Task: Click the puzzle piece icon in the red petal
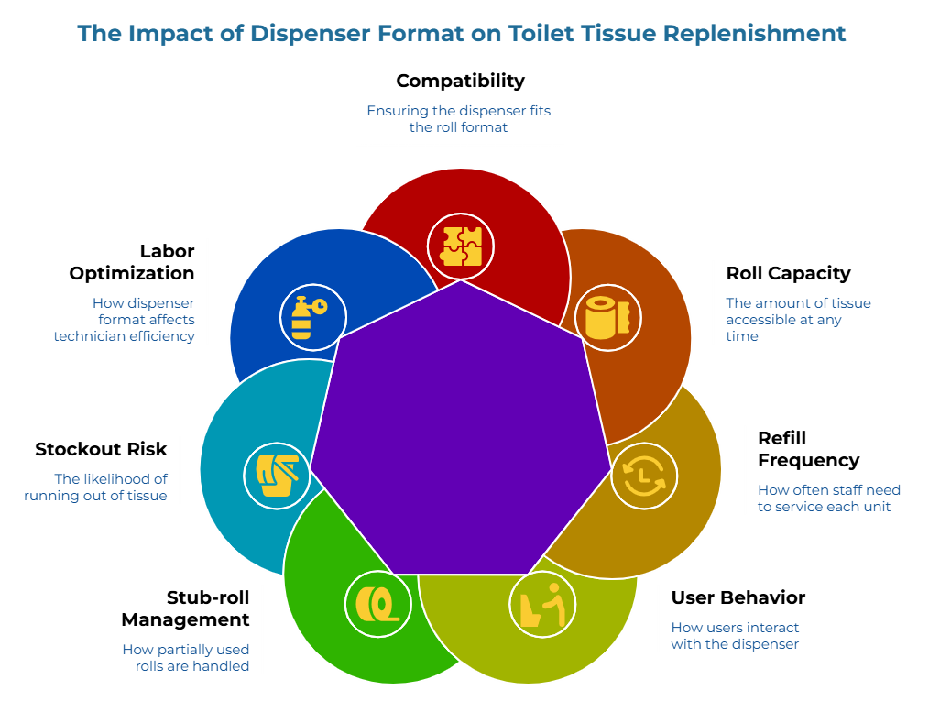pos(461,246)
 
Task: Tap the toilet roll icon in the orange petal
pos(608,318)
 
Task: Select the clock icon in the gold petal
pos(644,476)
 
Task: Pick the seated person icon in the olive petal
pos(542,605)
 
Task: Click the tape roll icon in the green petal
pos(377,605)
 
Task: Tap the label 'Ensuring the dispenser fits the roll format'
pos(458,119)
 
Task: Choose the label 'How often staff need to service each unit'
pos(828,498)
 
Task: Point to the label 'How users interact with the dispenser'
pos(735,636)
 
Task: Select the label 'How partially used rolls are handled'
pos(186,657)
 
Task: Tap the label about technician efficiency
pos(125,319)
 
